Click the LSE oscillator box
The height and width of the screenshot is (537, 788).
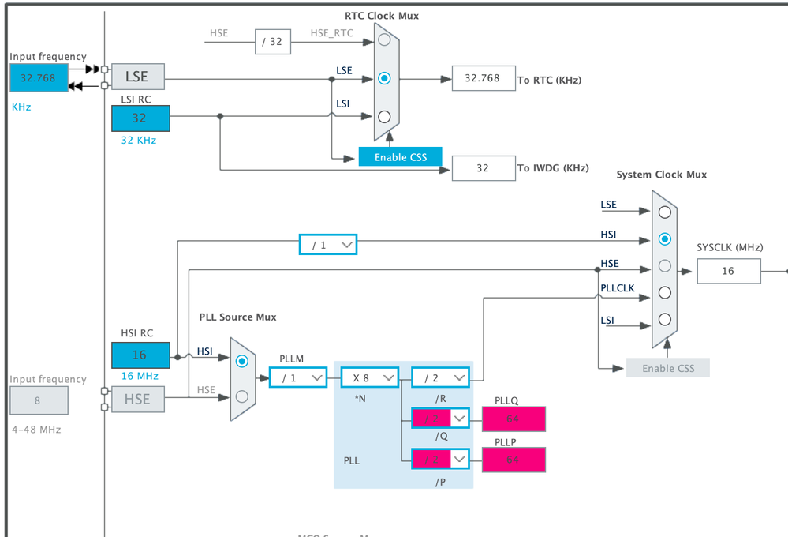[137, 77]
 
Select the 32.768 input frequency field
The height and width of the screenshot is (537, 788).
[39, 77]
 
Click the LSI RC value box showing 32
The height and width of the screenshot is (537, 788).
[140, 118]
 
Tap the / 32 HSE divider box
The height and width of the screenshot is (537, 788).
[272, 41]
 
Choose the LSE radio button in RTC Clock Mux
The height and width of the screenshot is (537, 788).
[384, 78]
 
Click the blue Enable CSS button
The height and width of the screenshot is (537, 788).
[400, 156]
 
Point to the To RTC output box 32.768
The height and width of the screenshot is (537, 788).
[484, 78]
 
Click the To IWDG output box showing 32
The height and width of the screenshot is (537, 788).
[484, 167]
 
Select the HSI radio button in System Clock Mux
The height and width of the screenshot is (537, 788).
[665, 238]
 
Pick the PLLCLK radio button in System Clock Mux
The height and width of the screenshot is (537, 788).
[665, 292]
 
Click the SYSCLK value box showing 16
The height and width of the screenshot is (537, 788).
[728, 270]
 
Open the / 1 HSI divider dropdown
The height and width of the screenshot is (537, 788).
[327, 245]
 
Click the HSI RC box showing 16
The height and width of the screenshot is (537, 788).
[140, 355]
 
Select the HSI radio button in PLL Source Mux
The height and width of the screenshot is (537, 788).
[242, 361]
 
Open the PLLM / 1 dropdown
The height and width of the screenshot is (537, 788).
[297, 377]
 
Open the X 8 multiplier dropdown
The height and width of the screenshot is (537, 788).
[369, 377]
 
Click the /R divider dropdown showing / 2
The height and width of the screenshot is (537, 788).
[440, 377]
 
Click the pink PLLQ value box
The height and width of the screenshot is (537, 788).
[513, 418]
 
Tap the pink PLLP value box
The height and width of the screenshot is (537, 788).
[513, 460]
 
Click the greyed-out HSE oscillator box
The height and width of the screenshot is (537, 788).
[137, 399]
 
